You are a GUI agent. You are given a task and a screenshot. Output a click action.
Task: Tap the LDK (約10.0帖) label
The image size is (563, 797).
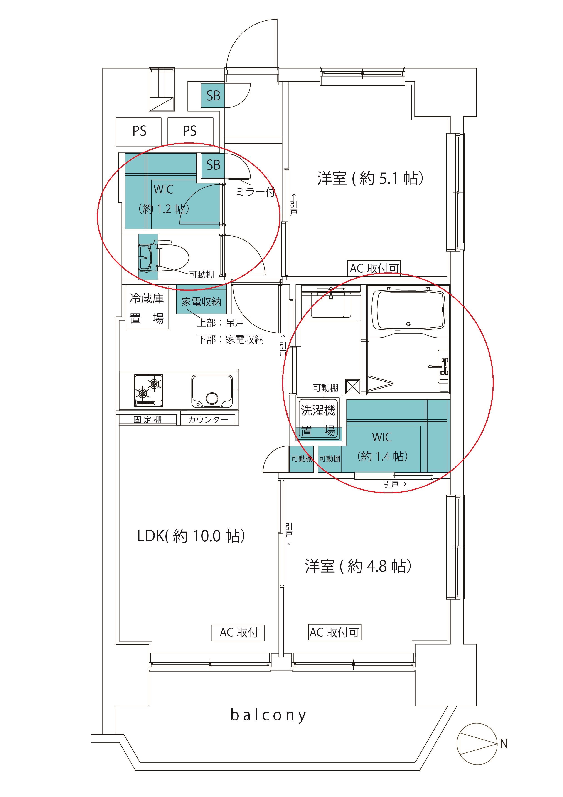[191, 536]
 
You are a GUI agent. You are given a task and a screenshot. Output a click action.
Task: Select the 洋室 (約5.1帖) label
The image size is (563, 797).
[370, 178]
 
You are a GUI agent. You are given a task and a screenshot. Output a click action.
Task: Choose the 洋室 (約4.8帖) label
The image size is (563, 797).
[358, 566]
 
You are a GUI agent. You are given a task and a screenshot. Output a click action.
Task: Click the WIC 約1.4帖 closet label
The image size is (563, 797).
[382, 447]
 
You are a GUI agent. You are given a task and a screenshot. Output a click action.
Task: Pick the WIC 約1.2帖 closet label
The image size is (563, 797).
[164, 199]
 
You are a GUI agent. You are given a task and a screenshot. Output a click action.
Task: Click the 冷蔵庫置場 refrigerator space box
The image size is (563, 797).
[147, 308]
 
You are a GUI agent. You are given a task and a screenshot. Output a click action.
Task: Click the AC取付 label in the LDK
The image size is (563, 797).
[238, 633]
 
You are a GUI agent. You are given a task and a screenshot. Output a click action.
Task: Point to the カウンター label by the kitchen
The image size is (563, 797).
[208, 420]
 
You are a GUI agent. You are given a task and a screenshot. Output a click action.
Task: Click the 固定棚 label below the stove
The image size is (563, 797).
[148, 420]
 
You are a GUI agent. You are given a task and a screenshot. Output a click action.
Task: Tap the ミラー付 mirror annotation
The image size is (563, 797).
[256, 192]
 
